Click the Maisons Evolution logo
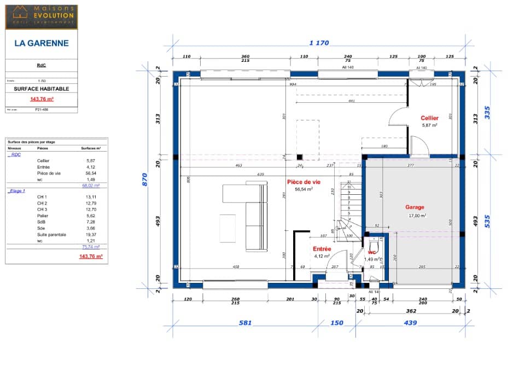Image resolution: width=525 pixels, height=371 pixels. point(42,16)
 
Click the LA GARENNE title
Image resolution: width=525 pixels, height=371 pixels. point(42,43)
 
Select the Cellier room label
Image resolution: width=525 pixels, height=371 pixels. point(429,118)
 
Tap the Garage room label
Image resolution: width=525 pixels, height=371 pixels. point(415,207)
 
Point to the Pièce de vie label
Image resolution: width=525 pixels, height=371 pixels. point(304,182)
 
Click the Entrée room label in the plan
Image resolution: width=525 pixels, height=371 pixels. point(322,249)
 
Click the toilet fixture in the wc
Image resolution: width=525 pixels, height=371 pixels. point(375,244)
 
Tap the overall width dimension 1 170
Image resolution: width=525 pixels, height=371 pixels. point(319,43)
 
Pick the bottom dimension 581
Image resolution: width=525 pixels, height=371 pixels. point(245,323)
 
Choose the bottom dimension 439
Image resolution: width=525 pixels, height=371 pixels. point(410,323)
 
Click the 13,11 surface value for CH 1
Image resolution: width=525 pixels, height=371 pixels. point(91,197)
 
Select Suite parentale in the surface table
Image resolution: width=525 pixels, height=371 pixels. point(51,235)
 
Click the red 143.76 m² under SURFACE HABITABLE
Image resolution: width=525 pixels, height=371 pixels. point(42,99)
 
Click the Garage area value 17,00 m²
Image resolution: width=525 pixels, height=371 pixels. point(417,216)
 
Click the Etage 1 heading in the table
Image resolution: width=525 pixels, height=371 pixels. point(17,191)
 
